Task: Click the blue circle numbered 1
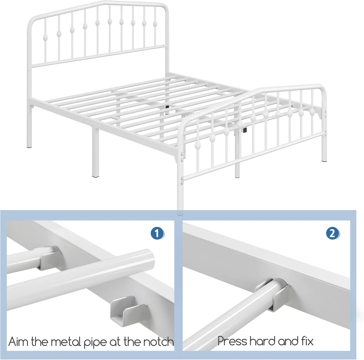pyautogui.click(x=157, y=233)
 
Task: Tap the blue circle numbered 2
pyautogui.click(x=333, y=233)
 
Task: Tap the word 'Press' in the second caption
pyautogui.click(x=232, y=341)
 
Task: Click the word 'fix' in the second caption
pyautogui.click(x=306, y=341)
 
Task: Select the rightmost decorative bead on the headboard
pyautogui.click(x=154, y=23)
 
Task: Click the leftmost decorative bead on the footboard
pyautogui.click(x=197, y=146)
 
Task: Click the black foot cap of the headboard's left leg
pyautogui.click(x=29, y=147)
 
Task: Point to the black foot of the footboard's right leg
pyautogui.click(x=324, y=160)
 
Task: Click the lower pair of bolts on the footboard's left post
pyautogui.click(x=183, y=178)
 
